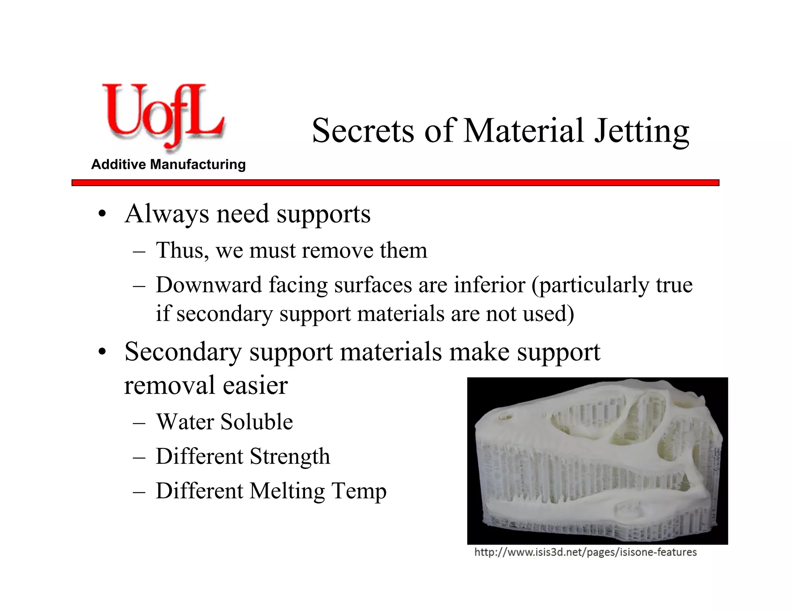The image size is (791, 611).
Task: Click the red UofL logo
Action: [x=162, y=116]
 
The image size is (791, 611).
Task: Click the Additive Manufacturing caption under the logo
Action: [x=168, y=165]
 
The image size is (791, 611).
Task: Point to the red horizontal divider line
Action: [x=395, y=183]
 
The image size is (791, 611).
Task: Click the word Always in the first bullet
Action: [x=167, y=214]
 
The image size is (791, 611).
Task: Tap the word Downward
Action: [x=209, y=285]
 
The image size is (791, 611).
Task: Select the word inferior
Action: [x=489, y=285]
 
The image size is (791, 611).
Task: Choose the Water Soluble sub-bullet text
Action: [x=224, y=421]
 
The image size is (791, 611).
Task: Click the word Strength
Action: [x=290, y=457]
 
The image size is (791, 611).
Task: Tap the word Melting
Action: [x=287, y=492]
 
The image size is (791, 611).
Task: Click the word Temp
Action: [x=359, y=492]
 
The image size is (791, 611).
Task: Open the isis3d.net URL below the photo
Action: [x=586, y=552]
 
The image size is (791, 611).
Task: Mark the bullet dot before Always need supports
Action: [x=102, y=214]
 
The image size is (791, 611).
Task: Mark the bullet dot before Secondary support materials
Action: [x=102, y=352]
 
